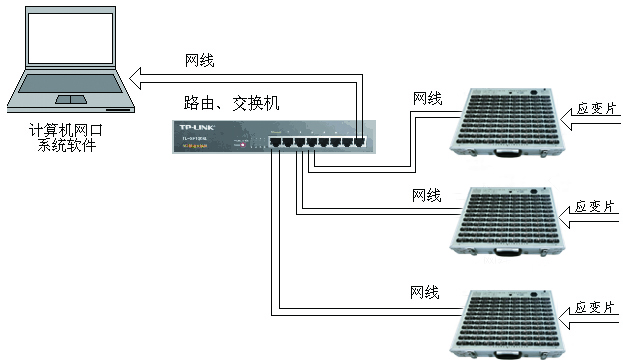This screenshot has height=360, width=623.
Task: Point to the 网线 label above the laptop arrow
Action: click(x=200, y=59)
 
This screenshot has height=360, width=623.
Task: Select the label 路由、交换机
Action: click(x=231, y=103)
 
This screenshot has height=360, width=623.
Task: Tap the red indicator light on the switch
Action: click(x=241, y=145)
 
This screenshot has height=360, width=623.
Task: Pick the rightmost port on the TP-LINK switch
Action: click(x=359, y=143)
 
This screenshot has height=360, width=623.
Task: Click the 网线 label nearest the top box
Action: click(x=427, y=98)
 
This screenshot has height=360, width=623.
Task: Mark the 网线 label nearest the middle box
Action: click(x=427, y=194)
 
